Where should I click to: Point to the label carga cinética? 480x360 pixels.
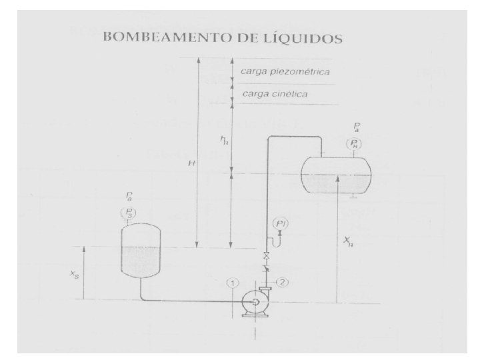[x=275, y=94]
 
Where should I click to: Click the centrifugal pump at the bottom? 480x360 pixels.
[x=254, y=301]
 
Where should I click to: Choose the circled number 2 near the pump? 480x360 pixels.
[x=283, y=282]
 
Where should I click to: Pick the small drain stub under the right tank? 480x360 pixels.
[x=353, y=195]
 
